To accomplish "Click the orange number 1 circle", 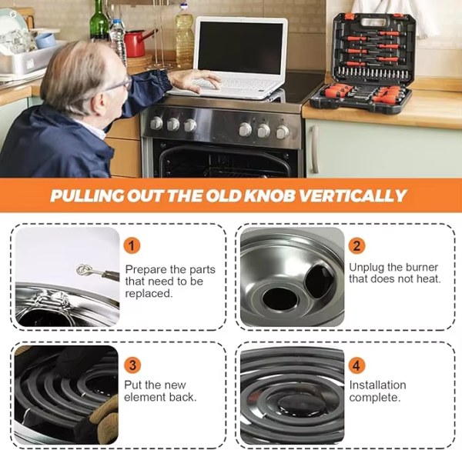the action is (132, 245).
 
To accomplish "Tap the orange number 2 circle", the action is (357, 245).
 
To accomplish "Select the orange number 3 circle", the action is (132, 365).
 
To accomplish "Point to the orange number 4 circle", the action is (357, 365).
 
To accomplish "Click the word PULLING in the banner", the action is (87, 195).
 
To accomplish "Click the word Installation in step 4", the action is (378, 385).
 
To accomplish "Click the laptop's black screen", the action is (240, 48).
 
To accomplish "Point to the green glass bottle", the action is (99, 21).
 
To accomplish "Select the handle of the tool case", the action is (373, 22).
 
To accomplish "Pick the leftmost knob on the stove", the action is (156, 123).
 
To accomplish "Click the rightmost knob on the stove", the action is (283, 132).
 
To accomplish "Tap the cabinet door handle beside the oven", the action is (315, 149).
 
